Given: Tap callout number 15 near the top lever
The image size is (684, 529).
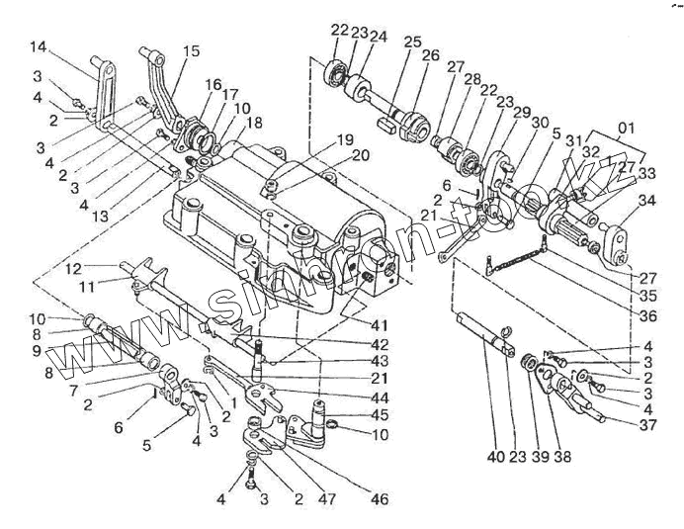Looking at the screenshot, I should tap(191, 50).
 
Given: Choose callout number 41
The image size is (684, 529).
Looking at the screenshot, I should tap(381, 325).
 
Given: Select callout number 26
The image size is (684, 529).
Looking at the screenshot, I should tap(430, 56).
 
